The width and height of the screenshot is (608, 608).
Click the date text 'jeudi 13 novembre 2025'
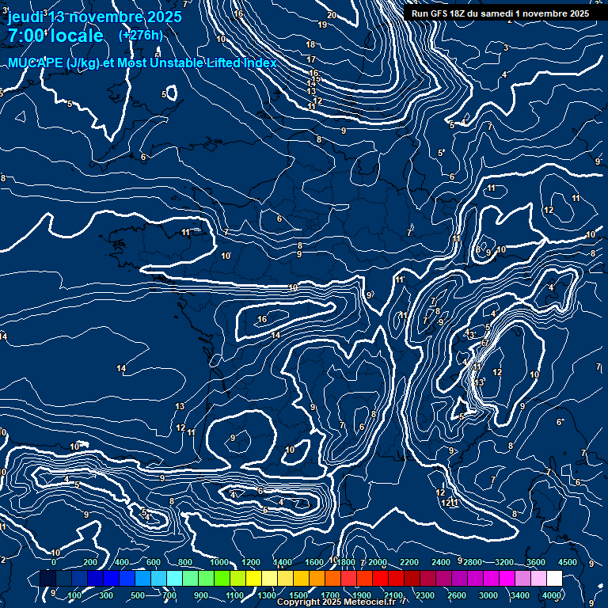(94, 17)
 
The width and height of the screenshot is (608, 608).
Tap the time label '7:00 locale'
(55, 36)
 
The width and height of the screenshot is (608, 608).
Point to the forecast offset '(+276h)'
(140, 35)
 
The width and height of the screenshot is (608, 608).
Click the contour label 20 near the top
(332, 15)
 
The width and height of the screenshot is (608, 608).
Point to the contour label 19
(322, 25)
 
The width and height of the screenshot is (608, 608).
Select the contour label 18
(311, 45)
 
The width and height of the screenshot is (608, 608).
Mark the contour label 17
(311, 59)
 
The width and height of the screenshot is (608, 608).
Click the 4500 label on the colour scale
(567, 562)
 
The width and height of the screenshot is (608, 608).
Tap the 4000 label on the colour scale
(553, 595)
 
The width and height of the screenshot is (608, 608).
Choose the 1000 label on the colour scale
(219, 562)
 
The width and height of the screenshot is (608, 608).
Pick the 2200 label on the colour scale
(409, 562)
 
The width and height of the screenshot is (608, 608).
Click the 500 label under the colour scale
(138, 595)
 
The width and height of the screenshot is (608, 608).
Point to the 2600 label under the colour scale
(457, 595)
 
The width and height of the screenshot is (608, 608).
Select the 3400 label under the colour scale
(520, 595)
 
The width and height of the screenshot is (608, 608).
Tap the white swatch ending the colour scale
(554, 579)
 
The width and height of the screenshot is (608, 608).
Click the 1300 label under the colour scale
(266, 595)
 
